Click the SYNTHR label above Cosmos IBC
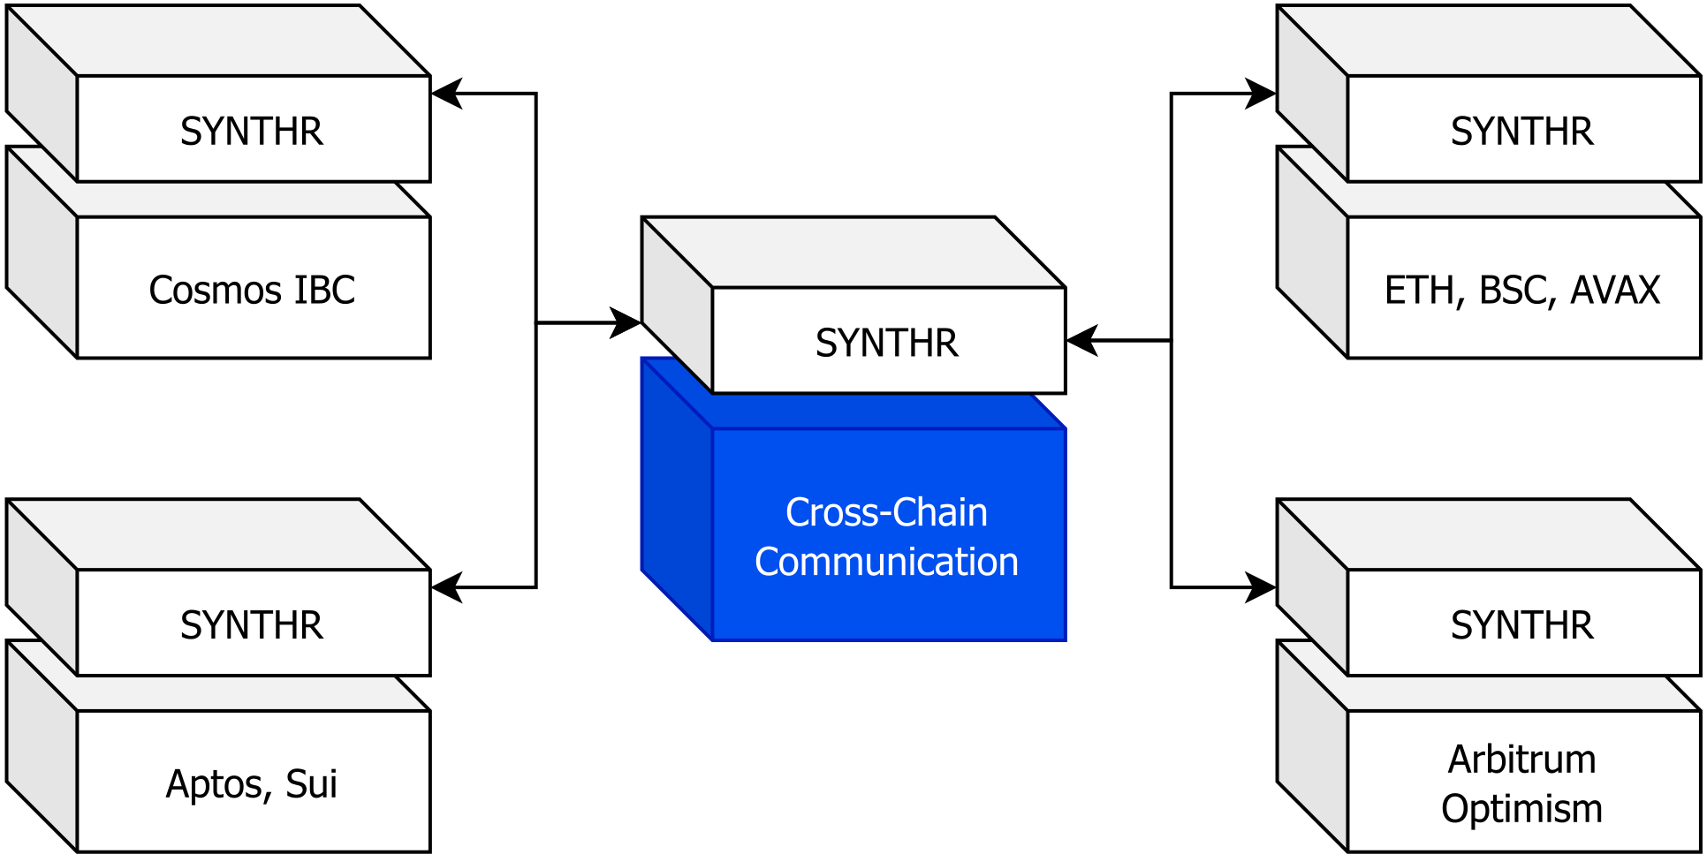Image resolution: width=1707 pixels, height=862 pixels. tap(252, 132)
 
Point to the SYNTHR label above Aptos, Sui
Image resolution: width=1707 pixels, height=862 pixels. tap(252, 625)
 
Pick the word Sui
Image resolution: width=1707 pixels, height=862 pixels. tap(311, 784)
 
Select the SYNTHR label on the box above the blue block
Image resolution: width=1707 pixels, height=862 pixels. tap(886, 344)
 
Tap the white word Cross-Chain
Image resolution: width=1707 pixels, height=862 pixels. tap(886, 513)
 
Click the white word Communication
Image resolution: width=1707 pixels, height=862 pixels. tap(886, 563)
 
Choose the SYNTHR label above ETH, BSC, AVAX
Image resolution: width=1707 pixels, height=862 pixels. tap(1521, 132)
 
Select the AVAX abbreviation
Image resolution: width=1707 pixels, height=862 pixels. tap(1615, 291)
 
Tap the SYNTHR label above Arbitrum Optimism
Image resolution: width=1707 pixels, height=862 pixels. tap(1521, 625)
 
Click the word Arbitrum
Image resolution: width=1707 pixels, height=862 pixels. tap(1521, 760)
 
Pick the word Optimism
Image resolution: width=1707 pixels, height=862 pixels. tap(1521, 809)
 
